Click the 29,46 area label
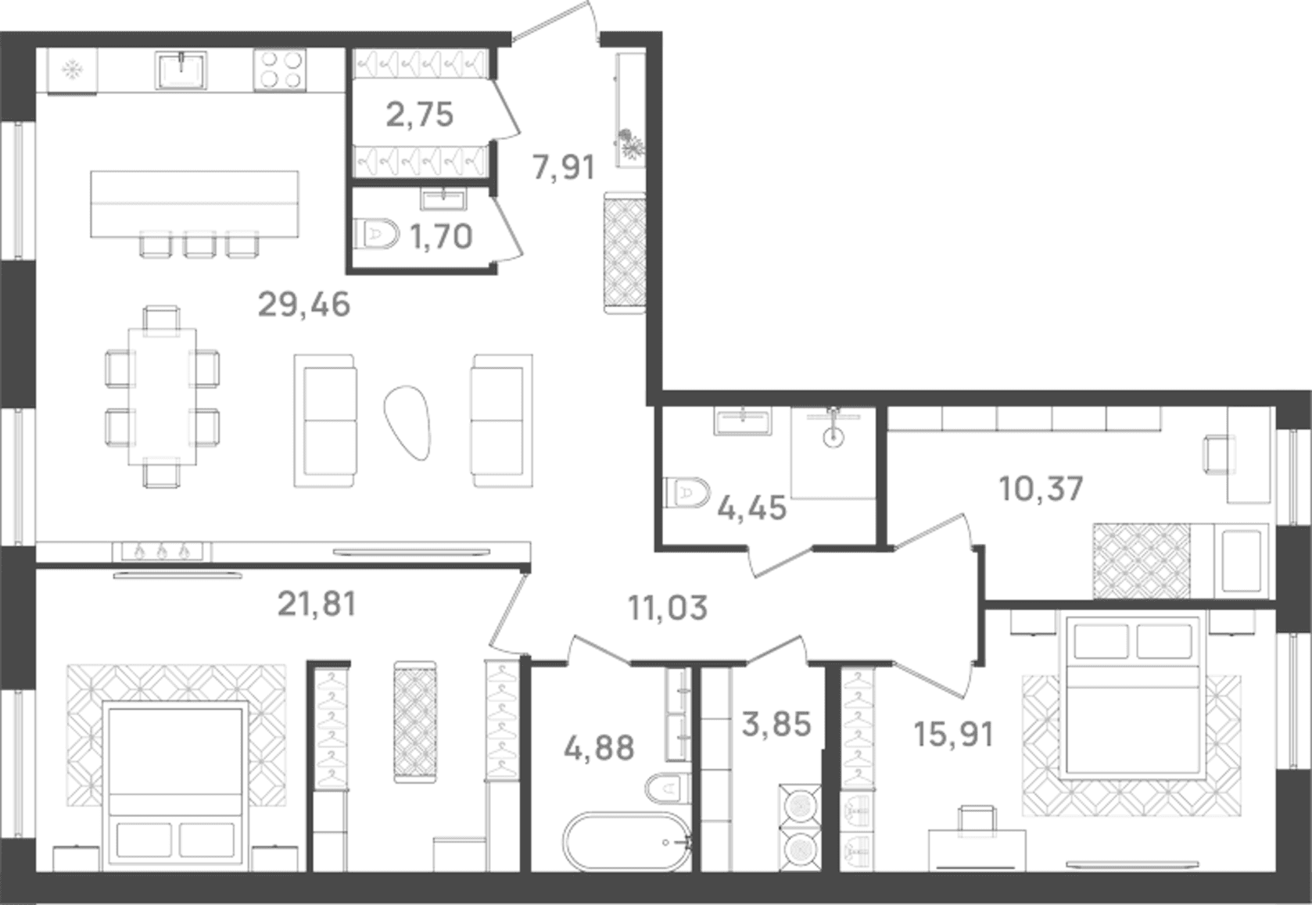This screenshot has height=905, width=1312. click(304, 304)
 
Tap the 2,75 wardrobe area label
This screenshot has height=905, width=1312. click(419, 114)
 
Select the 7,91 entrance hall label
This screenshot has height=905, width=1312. click(564, 166)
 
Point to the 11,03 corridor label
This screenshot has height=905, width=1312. click(668, 607)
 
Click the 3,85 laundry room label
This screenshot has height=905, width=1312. click(776, 724)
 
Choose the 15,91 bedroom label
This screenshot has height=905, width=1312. click(954, 735)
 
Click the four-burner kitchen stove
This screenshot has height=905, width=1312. click(279, 70)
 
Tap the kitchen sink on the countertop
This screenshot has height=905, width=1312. click(181, 70)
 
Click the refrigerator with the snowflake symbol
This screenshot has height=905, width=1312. click(73, 71)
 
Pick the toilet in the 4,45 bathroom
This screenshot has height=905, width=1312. click(686, 493)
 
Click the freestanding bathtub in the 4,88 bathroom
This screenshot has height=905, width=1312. click(627, 841)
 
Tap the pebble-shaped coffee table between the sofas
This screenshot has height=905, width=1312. click(407, 423)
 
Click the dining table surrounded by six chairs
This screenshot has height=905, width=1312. click(163, 397)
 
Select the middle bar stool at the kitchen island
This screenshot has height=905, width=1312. click(199, 244)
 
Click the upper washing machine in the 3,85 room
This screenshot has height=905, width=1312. click(800, 806)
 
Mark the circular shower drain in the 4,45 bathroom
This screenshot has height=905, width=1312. click(833, 437)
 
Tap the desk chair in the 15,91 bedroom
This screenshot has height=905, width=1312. click(977, 818)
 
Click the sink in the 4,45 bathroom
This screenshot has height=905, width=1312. click(743, 421)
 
